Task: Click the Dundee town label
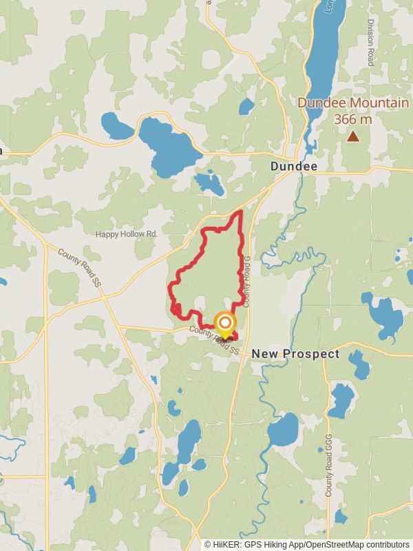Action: coord(294,167)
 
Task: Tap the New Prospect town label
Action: coord(295,354)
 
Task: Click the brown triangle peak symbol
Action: coord(352,136)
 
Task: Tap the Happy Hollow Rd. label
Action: coord(127,234)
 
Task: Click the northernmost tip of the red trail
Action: coord(240,211)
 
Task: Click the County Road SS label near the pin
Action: coord(216,342)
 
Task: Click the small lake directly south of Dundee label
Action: coord(209,183)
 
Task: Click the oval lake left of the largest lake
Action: coord(117,127)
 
